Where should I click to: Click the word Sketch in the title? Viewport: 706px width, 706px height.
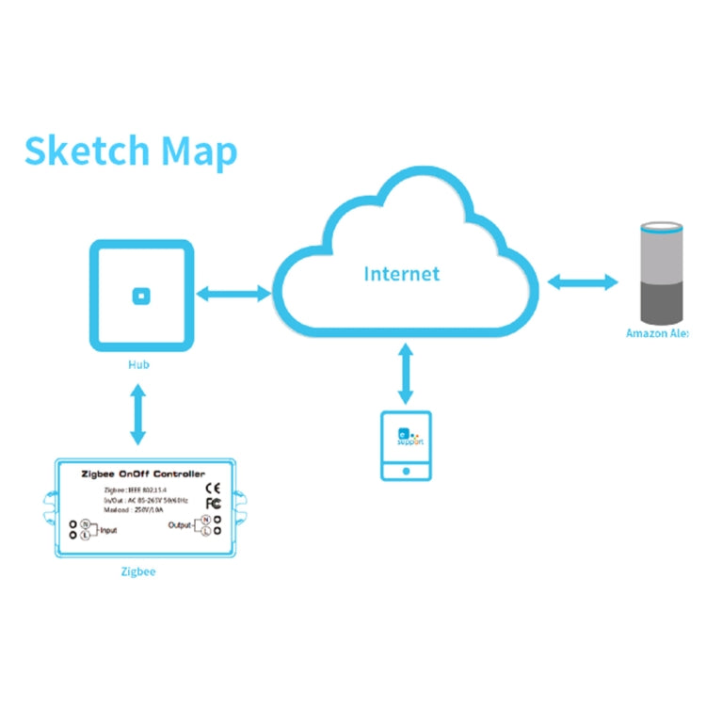[x=86, y=152]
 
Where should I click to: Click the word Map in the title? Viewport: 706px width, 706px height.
[x=199, y=152]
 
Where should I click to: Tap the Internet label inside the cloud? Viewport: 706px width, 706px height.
[x=402, y=275]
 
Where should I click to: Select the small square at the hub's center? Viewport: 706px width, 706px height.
[x=140, y=296]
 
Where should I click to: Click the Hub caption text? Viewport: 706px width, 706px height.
[x=139, y=364]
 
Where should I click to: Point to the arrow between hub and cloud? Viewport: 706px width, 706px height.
[x=233, y=295]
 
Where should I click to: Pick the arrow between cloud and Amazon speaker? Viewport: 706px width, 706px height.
[x=582, y=281]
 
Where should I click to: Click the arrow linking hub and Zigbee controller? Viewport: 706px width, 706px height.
[x=139, y=413]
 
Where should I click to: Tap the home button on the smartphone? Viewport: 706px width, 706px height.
[x=406, y=470]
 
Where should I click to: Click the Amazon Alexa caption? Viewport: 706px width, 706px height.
[x=658, y=333]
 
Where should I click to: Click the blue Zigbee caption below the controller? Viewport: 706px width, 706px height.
[x=139, y=571]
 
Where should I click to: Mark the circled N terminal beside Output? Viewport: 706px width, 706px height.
[x=204, y=519]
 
